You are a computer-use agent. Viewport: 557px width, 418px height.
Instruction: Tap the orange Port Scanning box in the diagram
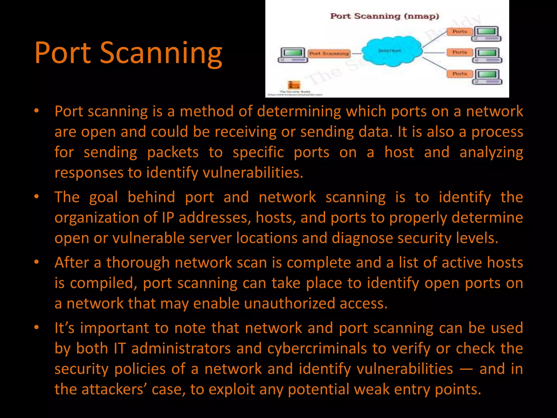point(329,53)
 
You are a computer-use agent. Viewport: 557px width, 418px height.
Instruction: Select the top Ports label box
point(459,32)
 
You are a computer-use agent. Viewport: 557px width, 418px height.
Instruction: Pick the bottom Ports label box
point(459,74)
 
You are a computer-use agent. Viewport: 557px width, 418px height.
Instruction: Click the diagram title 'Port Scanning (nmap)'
point(384,16)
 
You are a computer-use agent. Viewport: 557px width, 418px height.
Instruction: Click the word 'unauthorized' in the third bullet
point(289,303)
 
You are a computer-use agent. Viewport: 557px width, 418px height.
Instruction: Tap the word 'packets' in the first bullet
point(173,152)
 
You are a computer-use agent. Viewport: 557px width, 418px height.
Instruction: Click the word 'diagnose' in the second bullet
point(362,238)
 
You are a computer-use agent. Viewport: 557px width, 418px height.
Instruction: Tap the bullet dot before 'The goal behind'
point(37,196)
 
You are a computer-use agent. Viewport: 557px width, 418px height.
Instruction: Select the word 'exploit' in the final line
point(231,389)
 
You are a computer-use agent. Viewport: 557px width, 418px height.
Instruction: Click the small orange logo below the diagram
point(294,85)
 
